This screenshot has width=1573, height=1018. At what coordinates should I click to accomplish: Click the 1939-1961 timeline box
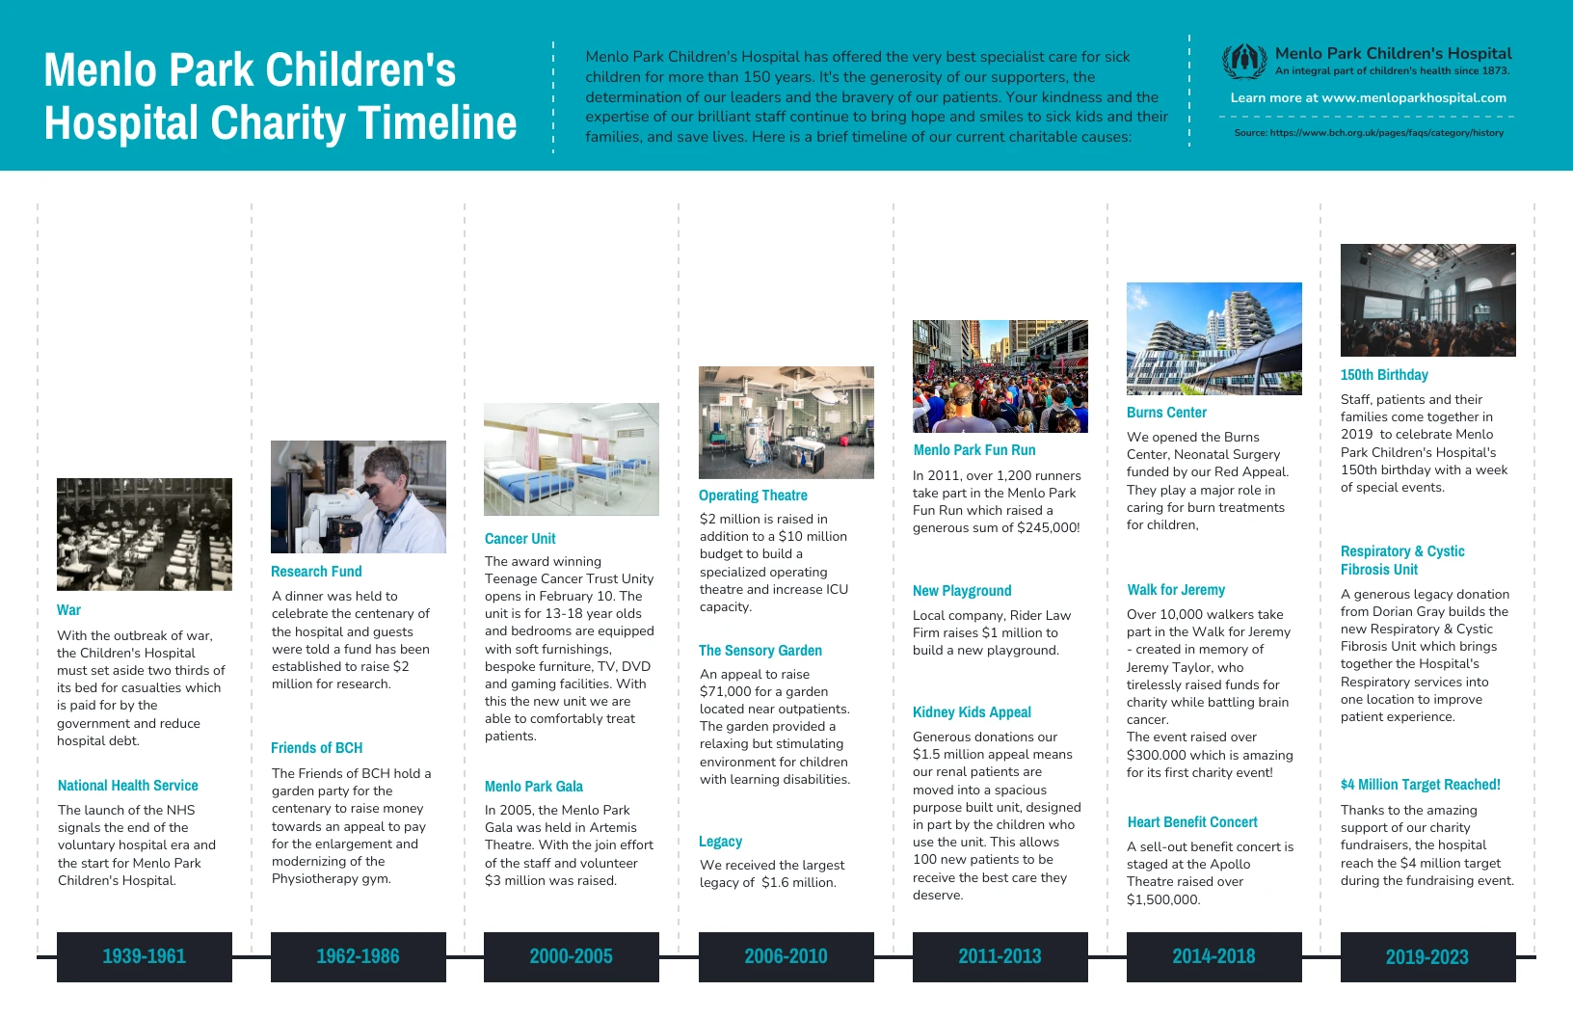pos(145,956)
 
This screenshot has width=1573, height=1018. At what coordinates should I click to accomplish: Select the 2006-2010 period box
pos(786,956)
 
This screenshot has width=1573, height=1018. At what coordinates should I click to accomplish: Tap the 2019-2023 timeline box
pos(1427,956)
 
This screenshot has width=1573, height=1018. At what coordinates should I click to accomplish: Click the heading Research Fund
pos(316,572)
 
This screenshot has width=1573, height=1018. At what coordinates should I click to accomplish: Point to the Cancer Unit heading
pos(520,539)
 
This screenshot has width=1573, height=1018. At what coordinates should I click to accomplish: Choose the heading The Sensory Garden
pos(760,651)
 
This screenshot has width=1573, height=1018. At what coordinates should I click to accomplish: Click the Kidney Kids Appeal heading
pos(972,712)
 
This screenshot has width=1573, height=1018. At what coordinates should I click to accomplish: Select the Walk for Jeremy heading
pos(1176,590)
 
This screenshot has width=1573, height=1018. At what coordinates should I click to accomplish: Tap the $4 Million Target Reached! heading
pos(1420,785)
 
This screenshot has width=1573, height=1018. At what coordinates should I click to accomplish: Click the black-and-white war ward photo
pos(145,534)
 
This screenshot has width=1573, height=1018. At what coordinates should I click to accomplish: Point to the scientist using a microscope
pos(359,496)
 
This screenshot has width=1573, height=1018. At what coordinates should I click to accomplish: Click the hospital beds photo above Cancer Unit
pos(572,459)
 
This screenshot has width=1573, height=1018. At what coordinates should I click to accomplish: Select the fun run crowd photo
pos(1000,376)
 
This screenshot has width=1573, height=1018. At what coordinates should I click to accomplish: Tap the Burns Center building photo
pos(1213,338)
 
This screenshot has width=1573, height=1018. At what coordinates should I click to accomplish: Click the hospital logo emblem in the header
pos(1244,62)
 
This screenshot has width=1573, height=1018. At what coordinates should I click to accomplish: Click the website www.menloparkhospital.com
pos(1413,97)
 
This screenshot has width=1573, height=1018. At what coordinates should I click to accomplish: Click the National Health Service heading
pos(128,786)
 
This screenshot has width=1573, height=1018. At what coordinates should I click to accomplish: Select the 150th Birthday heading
pos(1384,375)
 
